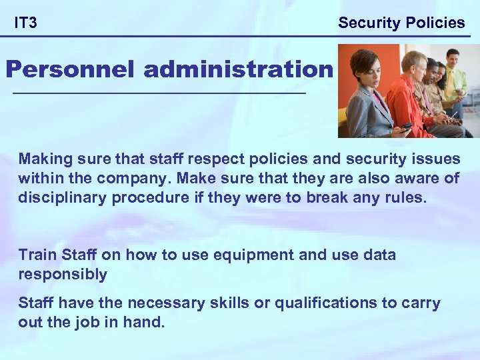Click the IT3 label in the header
tap(26, 23)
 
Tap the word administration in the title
tap(237, 69)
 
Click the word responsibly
tap(63, 274)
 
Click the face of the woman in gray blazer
tap(365, 67)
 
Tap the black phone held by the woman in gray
tap(406, 126)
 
